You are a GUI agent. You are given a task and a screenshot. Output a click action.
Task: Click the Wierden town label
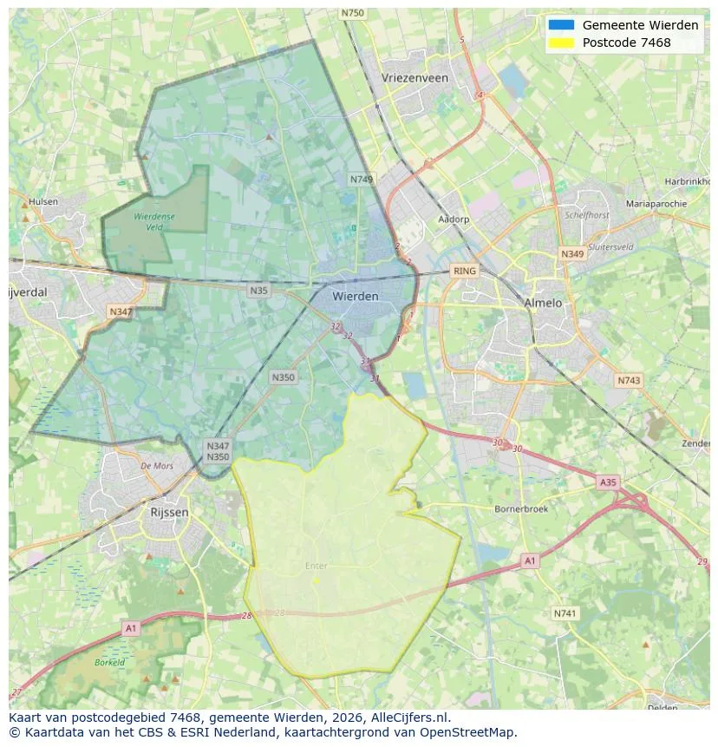coord(356,297)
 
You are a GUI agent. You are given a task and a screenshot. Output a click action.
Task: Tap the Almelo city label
coord(543,303)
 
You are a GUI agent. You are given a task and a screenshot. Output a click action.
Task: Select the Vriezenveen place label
coord(414,78)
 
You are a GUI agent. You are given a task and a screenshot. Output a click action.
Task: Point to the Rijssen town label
coord(169,512)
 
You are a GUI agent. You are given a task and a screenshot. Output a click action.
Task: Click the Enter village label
coord(317,566)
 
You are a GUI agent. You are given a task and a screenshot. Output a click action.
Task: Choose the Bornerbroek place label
coord(520,509)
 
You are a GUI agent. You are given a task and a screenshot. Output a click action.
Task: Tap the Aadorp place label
coord(454,220)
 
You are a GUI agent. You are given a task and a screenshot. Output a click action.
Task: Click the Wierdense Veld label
coord(153,221)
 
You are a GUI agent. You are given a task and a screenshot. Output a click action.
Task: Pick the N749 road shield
coord(362,180)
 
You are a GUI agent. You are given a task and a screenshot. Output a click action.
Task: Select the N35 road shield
coord(258,291)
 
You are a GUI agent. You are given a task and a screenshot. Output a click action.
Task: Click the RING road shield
coord(465,272)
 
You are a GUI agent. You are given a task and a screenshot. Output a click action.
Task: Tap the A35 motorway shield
coord(609,482)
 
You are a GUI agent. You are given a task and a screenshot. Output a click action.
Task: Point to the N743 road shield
coord(629,381)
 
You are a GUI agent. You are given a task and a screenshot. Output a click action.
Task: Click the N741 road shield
coord(565,613)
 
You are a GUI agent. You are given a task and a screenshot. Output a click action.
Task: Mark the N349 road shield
coord(572,254)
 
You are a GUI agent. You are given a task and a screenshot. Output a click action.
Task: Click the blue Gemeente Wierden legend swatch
coord(561,25)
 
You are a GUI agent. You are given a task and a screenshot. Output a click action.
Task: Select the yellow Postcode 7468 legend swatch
coord(561,43)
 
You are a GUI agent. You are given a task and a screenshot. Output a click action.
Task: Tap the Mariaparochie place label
coord(656,204)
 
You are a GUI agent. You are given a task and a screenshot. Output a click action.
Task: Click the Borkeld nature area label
coord(110,662)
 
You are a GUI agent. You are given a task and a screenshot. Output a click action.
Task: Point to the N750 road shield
coord(353,13)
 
